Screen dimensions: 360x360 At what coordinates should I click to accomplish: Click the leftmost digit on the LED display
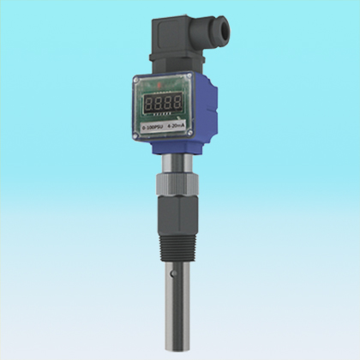click(149, 103)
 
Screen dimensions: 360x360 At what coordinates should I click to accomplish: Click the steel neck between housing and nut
click(178, 163)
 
